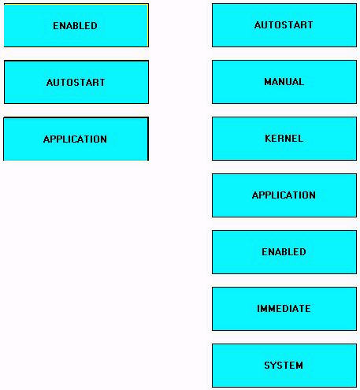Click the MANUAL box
point(284,82)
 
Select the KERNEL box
point(284,139)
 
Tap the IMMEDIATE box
point(284,309)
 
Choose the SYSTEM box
point(284,366)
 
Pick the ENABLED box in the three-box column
point(76,25)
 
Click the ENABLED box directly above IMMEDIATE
point(284,252)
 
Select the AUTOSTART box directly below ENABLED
point(76,82)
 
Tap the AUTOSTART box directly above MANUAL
point(284,25)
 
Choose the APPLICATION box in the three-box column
point(76,139)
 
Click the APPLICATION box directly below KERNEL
point(284,195)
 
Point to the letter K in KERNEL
point(268,139)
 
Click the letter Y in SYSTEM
point(274,366)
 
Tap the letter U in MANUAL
point(288,82)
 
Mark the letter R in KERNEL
point(281,139)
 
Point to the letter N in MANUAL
point(282,82)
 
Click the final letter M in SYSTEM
point(299,366)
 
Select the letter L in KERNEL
point(300,139)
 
